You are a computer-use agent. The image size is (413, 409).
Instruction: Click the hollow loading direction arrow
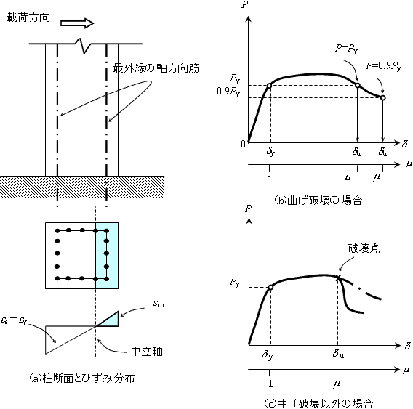(77, 23)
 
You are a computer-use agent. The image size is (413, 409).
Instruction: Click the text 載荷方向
(28, 17)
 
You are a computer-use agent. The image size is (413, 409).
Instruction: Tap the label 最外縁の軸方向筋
(156, 68)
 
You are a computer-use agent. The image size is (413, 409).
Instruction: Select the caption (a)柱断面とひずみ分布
(81, 378)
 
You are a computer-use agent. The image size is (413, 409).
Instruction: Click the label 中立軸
(147, 352)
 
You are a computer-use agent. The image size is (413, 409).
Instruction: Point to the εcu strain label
(159, 304)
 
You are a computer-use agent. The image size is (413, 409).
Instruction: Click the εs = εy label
(14, 320)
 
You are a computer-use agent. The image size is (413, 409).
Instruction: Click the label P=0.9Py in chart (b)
(383, 66)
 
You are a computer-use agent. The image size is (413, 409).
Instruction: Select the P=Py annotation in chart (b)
(347, 48)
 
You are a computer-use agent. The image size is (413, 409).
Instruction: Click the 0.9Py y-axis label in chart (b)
(228, 92)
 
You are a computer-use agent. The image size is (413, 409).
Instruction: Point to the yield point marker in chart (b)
(269, 86)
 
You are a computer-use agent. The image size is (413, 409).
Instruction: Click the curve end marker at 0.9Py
(383, 97)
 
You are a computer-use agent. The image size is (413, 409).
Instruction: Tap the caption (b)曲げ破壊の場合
(318, 201)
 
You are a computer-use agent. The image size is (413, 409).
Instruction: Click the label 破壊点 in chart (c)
(364, 248)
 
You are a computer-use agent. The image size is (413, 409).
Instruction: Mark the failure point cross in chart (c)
(337, 277)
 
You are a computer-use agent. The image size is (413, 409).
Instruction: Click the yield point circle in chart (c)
(270, 287)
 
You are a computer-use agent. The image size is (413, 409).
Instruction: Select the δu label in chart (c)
(338, 354)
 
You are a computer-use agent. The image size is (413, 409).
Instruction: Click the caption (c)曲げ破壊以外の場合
(318, 403)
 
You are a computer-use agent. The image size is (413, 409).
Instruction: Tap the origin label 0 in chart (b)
(243, 144)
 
